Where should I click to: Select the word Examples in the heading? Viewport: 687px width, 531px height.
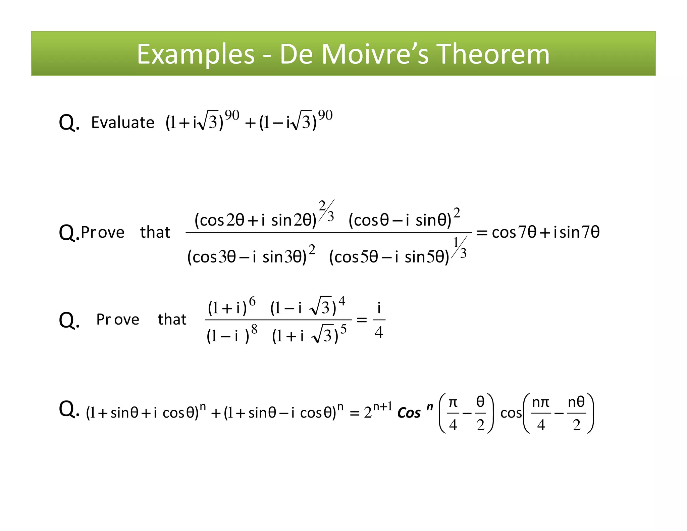196,54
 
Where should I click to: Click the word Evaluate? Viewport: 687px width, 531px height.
122,123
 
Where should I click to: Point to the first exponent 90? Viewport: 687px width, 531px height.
232,115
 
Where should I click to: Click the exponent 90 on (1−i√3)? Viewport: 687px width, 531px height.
325,115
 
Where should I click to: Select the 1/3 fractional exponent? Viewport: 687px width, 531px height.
460,248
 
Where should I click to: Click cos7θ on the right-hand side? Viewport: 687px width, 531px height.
514,232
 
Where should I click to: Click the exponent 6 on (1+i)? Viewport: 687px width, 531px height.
252,301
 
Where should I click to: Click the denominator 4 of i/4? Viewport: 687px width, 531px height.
379,332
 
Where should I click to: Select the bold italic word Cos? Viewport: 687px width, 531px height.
409,413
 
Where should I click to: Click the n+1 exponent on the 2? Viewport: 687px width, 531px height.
382,407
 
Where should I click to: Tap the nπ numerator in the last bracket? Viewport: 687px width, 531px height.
541,402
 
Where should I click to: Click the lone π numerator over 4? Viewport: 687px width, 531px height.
453,402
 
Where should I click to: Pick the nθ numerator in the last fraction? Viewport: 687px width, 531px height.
576,402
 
